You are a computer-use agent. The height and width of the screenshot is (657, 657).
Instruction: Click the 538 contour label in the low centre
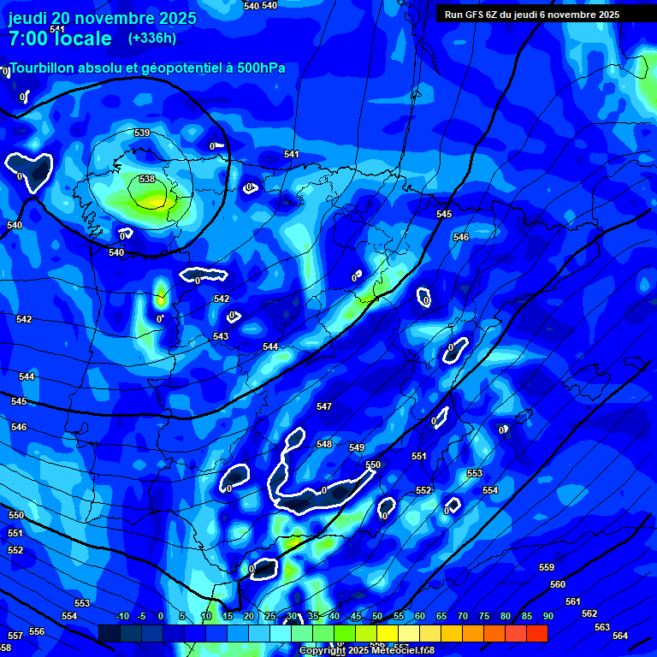147,179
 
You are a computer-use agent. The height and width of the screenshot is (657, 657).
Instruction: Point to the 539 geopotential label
142,133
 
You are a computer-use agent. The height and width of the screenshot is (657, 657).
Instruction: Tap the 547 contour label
323,406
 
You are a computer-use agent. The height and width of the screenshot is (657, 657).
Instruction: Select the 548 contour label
323,444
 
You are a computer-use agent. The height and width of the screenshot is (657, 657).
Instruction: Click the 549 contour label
357,447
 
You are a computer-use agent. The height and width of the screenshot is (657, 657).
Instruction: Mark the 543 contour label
221,336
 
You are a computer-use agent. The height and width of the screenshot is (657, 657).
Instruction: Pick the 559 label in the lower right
547,567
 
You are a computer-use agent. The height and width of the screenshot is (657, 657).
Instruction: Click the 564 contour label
620,636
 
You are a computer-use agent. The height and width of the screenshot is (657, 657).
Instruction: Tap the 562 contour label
589,613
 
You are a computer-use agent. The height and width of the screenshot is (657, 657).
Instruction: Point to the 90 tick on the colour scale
547,616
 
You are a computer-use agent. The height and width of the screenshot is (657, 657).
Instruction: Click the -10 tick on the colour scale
121,616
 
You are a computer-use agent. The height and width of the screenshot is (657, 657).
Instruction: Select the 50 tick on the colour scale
377,616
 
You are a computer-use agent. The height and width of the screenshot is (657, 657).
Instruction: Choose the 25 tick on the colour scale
270,616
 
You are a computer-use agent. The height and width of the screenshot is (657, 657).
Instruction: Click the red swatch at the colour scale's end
536,633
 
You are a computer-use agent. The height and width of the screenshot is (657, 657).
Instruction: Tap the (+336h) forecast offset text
152,38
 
